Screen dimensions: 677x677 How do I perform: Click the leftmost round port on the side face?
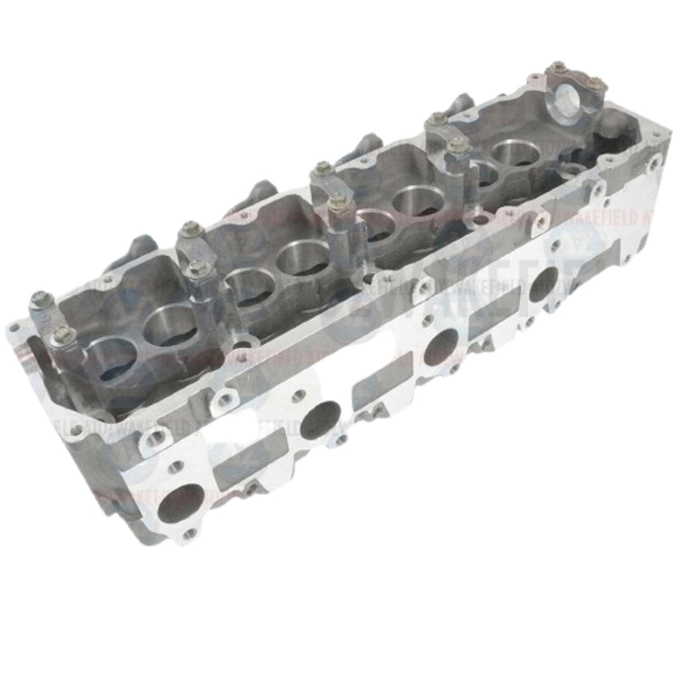point(180,503)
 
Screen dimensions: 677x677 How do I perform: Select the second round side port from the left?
point(321,420)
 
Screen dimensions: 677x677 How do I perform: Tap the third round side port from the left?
point(441,346)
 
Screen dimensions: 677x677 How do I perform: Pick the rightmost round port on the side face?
point(543,284)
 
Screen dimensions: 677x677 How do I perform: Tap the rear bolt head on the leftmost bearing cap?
point(40,299)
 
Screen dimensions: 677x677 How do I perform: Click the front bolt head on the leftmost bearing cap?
point(63,336)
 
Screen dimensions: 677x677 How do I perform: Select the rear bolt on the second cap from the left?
point(191,229)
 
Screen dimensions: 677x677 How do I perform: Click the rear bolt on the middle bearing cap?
point(323,169)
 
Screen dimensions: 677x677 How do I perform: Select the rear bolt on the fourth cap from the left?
point(437,119)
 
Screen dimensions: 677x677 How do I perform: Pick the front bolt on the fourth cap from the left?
point(458,145)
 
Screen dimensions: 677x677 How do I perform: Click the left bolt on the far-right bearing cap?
point(558,67)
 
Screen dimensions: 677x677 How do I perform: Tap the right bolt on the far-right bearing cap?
point(595,83)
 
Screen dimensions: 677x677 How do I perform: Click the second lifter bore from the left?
point(171,326)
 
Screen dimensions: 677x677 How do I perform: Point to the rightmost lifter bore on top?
point(516,153)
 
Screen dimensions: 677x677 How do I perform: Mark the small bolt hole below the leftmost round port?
point(190,533)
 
